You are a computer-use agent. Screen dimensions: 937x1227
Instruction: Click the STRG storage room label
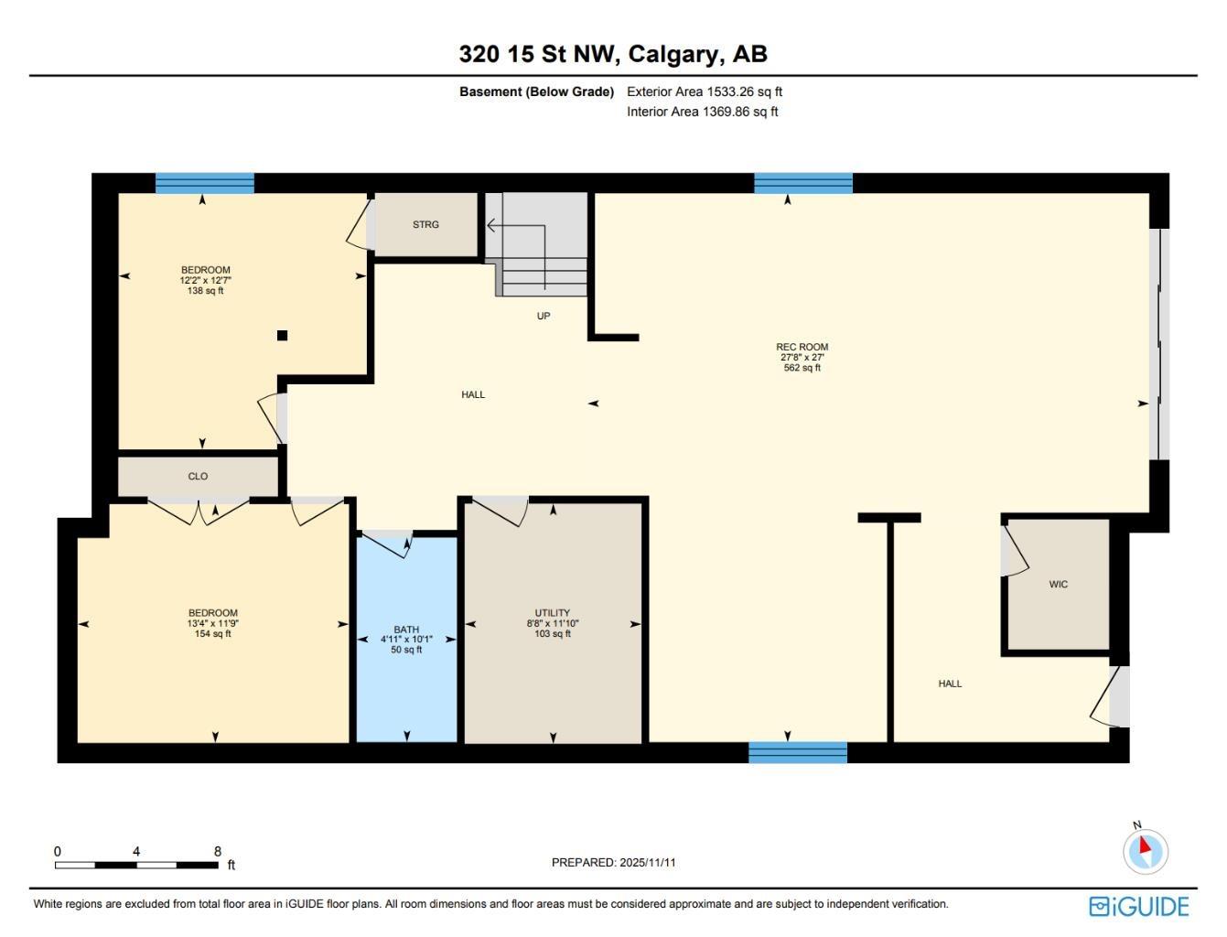point(425,224)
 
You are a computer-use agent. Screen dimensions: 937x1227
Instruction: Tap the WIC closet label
point(1058,584)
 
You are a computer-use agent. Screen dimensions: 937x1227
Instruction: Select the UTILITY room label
point(552,613)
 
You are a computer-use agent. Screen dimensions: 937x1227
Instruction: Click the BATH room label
point(406,630)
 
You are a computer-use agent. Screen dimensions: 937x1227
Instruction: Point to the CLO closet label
point(198,476)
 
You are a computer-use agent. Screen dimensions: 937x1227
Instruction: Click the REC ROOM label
point(802,347)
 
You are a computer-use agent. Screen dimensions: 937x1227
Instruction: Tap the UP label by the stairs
point(544,316)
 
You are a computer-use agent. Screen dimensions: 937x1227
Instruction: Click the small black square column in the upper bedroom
point(283,336)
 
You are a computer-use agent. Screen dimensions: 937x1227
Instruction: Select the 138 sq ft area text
point(205,291)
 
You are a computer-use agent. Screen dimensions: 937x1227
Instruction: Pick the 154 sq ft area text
point(212,633)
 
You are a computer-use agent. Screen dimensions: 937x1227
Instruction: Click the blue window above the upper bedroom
point(204,183)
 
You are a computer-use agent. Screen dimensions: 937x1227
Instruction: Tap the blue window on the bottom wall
point(798,752)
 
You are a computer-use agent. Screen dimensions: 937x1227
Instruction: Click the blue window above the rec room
point(803,183)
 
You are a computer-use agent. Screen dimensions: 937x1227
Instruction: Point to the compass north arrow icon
point(1146,849)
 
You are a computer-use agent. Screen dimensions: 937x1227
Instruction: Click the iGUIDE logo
point(1139,906)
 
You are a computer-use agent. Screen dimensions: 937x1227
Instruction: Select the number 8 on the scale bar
point(218,851)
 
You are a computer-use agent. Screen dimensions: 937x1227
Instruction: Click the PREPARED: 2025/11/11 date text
point(613,862)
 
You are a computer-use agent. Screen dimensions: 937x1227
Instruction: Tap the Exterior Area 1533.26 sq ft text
point(704,92)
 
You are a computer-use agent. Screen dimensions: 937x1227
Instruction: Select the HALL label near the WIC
point(950,684)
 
